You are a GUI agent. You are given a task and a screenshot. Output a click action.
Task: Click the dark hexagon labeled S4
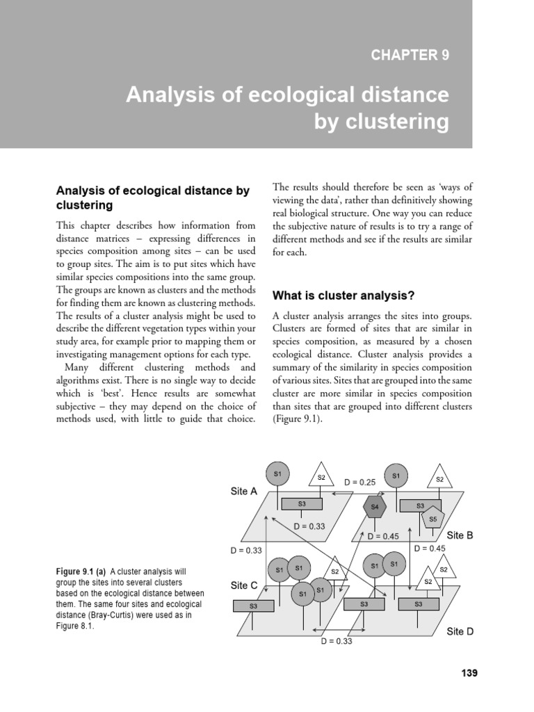point(375,507)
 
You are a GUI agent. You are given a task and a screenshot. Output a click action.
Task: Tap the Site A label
point(244,492)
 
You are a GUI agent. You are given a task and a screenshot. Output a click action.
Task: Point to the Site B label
point(460,535)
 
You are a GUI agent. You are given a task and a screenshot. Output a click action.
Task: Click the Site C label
point(244,585)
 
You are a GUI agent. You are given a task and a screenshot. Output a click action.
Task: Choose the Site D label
point(460,632)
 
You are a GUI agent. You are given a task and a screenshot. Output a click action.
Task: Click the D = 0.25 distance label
point(359,482)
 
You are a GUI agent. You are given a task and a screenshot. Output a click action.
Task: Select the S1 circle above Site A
point(277,474)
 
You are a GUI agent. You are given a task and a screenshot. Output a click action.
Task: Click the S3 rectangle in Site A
point(302,504)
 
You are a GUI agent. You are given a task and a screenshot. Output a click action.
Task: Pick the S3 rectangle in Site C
point(253,606)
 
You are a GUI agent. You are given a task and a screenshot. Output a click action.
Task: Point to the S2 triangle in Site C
point(334,572)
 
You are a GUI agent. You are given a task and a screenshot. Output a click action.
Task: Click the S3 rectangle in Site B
point(420,506)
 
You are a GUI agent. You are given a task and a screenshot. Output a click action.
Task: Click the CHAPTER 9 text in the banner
point(410,56)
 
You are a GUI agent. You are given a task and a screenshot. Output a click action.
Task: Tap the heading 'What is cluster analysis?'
point(344,296)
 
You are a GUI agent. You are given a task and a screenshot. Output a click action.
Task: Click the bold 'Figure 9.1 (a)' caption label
point(81,572)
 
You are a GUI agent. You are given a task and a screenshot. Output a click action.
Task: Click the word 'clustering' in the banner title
point(398,122)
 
